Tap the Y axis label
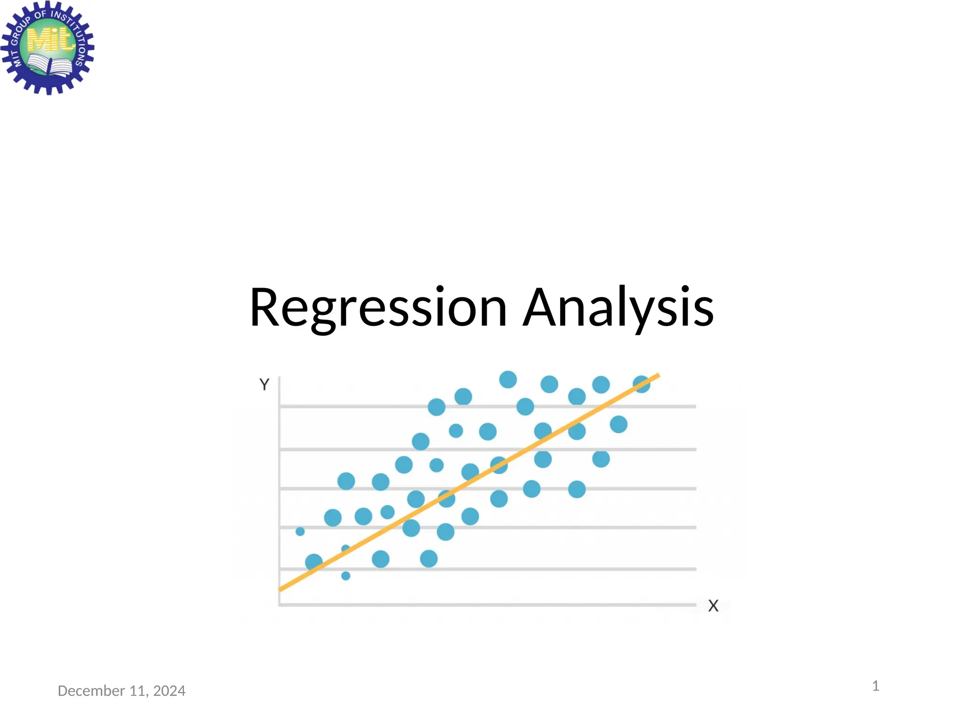pos(264,385)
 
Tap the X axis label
pos(713,606)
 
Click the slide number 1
pos(876,686)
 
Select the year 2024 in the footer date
pos(169,691)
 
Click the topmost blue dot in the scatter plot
pos(508,379)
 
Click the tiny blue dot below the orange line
pos(345,576)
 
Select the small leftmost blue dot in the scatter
pos(300,531)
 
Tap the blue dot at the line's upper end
pos(642,384)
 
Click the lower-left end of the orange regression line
pos(281,588)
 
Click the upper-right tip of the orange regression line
pos(658,375)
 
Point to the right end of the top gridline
pos(694,406)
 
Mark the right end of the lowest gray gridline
pos(694,569)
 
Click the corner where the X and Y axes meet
pos(280,604)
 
